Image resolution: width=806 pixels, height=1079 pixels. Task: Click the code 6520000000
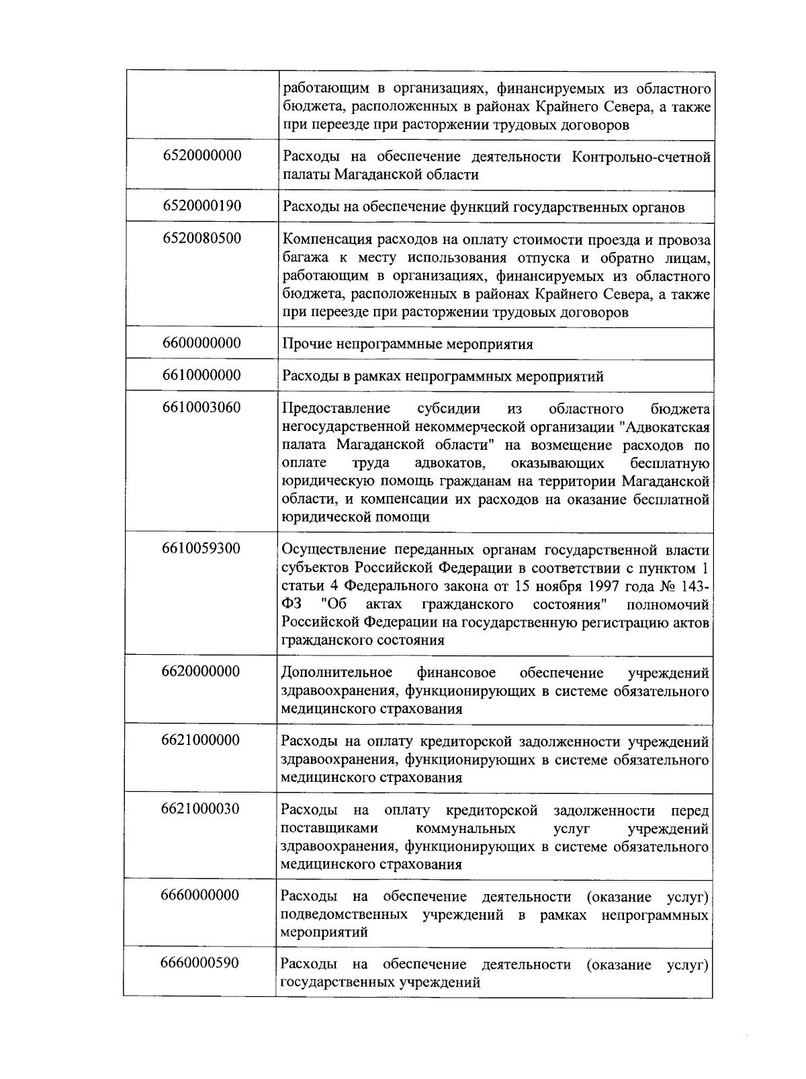(x=201, y=156)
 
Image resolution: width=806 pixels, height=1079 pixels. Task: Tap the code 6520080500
(x=201, y=238)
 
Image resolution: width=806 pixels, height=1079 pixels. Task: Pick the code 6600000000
(x=201, y=343)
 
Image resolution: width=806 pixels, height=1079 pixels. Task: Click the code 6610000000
(x=201, y=375)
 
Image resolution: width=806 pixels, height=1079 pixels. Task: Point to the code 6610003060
(x=201, y=407)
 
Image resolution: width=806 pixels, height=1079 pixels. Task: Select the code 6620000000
(x=201, y=672)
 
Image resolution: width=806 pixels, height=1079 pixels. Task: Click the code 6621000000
(x=201, y=740)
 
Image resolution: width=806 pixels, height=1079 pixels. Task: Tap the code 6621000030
(x=200, y=809)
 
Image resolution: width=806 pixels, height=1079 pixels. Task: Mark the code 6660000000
(x=200, y=895)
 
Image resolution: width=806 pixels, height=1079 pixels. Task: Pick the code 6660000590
(x=200, y=963)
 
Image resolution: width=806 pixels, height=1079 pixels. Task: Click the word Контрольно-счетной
(x=641, y=157)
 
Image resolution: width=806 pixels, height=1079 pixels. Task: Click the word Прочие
(x=303, y=344)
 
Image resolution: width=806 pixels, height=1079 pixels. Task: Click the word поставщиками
(x=329, y=828)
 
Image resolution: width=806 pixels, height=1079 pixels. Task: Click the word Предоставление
(x=336, y=409)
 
